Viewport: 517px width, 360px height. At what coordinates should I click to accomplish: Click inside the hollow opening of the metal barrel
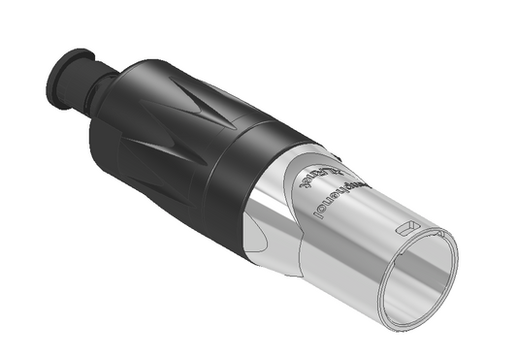[419, 281]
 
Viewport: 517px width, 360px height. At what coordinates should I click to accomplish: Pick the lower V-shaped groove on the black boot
[155, 155]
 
